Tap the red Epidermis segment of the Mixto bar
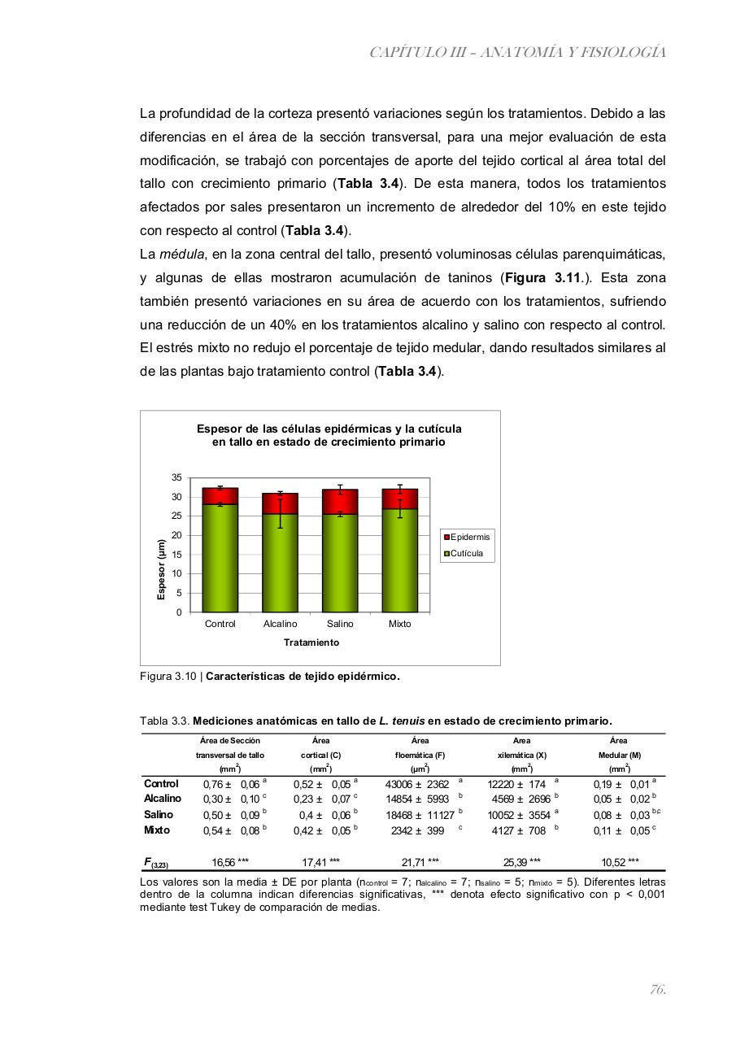(x=399, y=499)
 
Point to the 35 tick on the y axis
(x=176, y=477)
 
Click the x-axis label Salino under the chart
(x=340, y=624)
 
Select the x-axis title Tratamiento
(x=311, y=642)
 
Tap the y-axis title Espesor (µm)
(x=161, y=569)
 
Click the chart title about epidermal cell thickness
(x=329, y=435)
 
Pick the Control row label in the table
(x=161, y=784)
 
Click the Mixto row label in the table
(x=157, y=830)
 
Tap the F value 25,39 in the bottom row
(x=521, y=861)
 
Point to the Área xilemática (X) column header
(x=521, y=755)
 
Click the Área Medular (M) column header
(x=618, y=755)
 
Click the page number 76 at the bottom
(x=658, y=990)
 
